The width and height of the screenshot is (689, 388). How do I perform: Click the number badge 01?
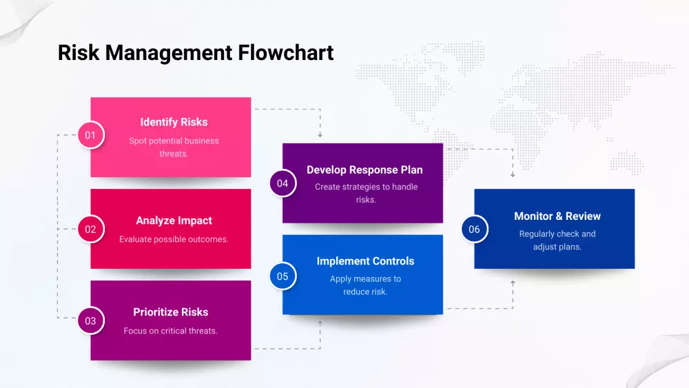pos(90,135)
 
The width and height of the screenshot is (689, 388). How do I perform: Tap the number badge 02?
pos(90,229)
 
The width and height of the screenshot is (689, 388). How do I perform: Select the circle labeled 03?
pos(90,320)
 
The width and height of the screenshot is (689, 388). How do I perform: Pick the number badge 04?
pos(282,183)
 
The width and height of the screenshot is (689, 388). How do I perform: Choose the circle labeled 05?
pos(282,276)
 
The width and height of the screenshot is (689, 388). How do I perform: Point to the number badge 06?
pos(474,229)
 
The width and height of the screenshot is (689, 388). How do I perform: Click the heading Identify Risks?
pos(174,122)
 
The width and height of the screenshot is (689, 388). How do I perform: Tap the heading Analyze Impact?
pos(174,221)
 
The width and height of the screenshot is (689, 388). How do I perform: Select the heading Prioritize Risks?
pos(171,312)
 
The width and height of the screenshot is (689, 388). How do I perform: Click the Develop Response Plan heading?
pos(364,170)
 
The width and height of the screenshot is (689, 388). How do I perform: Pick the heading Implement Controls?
pos(365,261)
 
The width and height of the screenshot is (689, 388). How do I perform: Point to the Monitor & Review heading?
pos(557,216)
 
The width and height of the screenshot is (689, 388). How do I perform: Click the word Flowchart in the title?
pos(286,52)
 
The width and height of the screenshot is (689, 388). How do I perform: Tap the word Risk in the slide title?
pos(79,52)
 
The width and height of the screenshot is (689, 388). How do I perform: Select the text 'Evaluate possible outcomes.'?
pos(174,239)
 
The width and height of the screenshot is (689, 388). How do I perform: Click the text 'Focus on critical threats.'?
pos(171,331)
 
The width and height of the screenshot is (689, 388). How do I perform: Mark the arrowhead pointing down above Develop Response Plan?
pos(320,135)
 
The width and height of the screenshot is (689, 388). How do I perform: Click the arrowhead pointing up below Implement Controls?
pos(320,322)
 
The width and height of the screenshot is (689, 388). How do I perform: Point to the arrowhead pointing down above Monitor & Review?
pos(513,175)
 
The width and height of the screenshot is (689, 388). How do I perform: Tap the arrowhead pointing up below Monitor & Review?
pos(513,282)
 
